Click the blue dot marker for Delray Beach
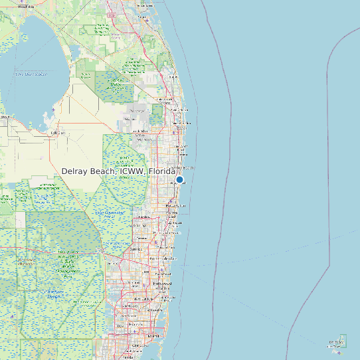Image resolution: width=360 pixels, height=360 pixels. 179,179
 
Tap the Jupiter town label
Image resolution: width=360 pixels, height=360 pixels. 174,71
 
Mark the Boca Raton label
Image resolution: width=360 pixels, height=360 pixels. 171,207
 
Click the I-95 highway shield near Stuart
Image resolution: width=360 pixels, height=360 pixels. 112,14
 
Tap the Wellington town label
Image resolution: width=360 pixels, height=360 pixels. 143,139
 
